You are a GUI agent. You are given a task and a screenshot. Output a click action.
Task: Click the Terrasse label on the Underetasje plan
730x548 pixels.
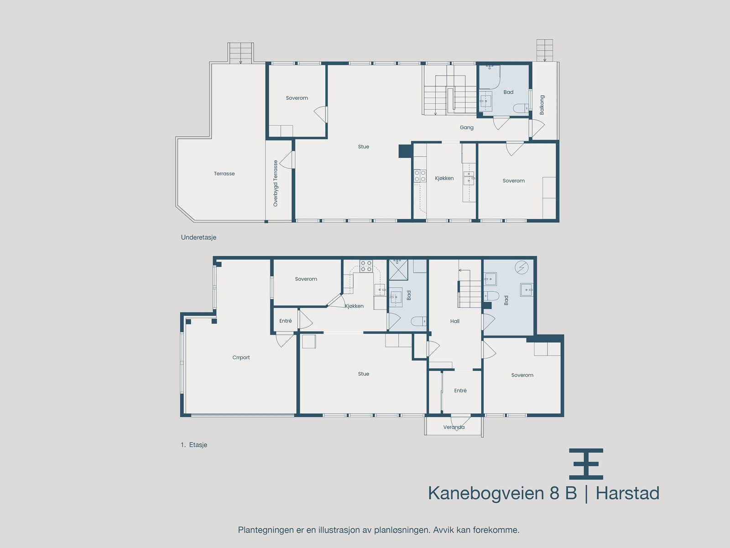224,174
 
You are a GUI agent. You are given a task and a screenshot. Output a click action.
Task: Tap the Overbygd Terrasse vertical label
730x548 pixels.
276,183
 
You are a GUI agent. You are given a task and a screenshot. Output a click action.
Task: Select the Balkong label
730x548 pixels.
542,105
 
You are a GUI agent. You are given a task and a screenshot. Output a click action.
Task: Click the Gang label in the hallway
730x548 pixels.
466,127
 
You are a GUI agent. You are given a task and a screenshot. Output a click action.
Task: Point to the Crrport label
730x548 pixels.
241,358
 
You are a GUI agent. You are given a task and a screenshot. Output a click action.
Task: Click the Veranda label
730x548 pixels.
454,427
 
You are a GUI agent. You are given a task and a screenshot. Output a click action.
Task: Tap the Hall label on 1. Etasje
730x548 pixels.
455,321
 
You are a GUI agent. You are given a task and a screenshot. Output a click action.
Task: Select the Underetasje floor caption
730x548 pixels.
198,237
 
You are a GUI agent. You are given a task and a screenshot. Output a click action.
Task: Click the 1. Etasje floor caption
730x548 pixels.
194,445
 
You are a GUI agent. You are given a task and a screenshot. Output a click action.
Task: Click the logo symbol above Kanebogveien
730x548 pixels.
586,464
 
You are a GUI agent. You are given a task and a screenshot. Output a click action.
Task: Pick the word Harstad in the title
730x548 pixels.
627,494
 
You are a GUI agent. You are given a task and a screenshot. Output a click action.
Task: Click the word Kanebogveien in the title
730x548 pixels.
486,494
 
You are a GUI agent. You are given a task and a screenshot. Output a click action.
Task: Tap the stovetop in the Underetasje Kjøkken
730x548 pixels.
420,176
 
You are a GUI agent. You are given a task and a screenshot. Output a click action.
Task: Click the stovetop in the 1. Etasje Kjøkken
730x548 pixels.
366,266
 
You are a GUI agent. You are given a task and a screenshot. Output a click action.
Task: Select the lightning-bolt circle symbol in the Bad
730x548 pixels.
521,267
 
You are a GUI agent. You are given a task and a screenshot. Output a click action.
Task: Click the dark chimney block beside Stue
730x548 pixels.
405,151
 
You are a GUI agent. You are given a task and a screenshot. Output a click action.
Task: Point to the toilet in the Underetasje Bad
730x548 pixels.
520,108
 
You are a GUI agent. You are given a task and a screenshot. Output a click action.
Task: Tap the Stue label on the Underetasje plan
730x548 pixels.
363,147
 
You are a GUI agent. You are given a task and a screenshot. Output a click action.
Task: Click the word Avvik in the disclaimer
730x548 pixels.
442,530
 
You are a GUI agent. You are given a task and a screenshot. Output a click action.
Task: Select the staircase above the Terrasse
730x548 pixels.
240,53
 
